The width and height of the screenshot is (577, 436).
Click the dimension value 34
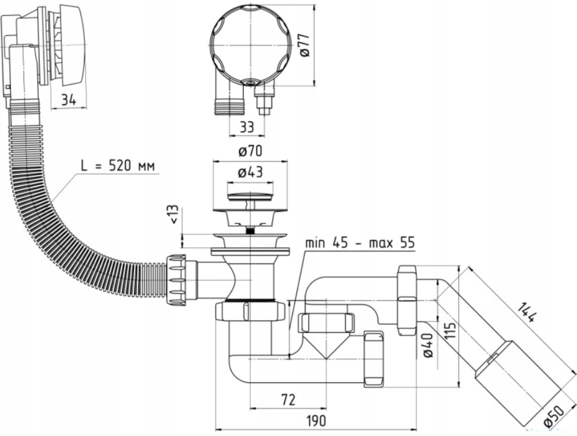69,100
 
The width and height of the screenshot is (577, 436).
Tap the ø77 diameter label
305,44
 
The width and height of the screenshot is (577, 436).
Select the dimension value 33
247,127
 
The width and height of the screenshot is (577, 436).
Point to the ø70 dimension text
250,151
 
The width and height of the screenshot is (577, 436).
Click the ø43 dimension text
250,172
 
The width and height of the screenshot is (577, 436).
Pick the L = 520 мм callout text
118,166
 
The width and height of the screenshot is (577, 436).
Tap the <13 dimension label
174,214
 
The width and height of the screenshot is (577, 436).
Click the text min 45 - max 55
360,243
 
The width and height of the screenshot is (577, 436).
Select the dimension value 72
288,399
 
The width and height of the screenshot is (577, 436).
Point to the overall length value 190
316,421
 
